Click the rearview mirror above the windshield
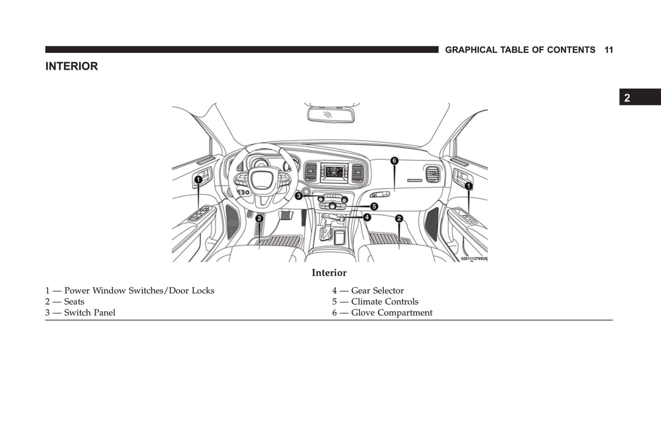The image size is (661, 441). click(331, 115)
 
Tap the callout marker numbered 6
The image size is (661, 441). click(394, 161)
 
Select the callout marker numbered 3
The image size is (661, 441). click(299, 196)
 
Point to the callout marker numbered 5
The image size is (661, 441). click(374, 207)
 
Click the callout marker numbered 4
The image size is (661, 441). click(367, 217)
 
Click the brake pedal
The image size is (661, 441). click(286, 214)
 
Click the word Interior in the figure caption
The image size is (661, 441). click(329, 273)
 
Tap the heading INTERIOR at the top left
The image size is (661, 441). click(71, 66)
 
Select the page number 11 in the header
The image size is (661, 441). click(608, 50)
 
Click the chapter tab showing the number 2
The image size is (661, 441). click(627, 98)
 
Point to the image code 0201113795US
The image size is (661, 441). click(474, 259)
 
